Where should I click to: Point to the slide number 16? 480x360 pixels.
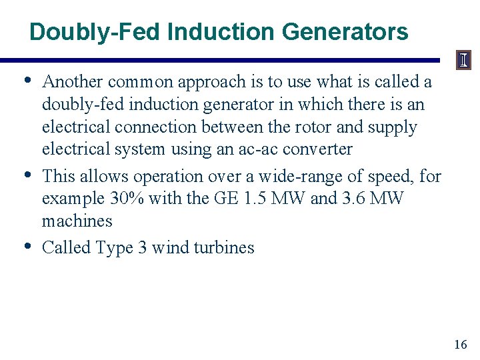(460, 345)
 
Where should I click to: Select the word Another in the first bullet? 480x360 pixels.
(72, 82)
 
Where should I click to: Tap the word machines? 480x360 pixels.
(77, 221)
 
